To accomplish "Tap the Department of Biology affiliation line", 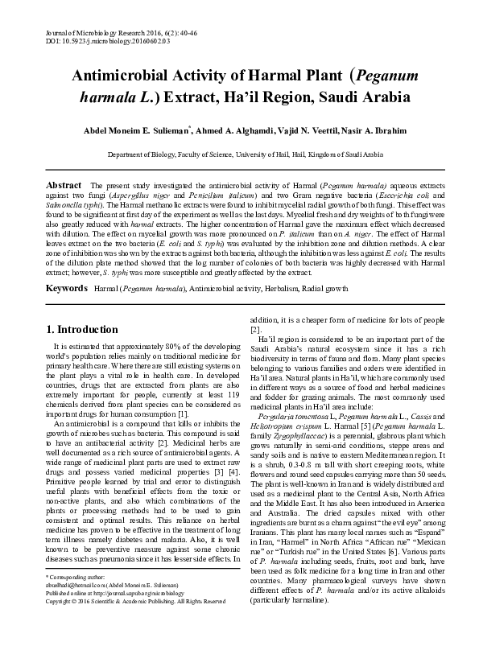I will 240,153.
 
